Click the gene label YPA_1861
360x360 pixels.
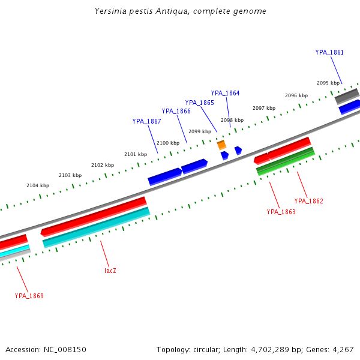click(x=329, y=52)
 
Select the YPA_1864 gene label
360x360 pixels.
click(x=225, y=93)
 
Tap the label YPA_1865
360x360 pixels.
click(x=199, y=103)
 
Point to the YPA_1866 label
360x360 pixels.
click(x=176, y=111)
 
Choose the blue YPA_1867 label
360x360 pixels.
click(x=146, y=121)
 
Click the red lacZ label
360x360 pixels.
click(x=110, y=271)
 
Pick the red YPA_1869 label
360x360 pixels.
click(x=29, y=296)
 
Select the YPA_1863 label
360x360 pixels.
click(x=281, y=212)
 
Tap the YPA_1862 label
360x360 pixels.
click(x=308, y=201)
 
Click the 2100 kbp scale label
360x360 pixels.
click(x=167, y=143)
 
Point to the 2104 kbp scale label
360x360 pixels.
click(x=37, y=185)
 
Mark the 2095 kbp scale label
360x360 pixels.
click(x=328, y=83)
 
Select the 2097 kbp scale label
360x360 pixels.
click(x=263, y=108)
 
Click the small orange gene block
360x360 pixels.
click(x=221, y=145)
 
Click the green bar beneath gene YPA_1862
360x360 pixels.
click(x=286, y=162)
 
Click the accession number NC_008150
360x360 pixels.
click(x=65, y=349)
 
